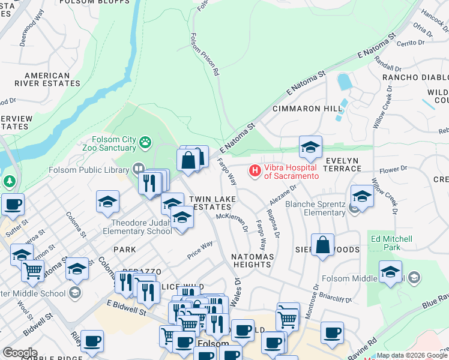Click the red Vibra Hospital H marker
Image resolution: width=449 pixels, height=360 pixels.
(255, 171)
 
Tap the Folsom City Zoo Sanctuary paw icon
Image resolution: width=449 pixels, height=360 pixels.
(145, 143)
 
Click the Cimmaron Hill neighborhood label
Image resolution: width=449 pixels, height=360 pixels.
(307, 109)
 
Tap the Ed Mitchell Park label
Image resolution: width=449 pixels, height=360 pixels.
(391, 243)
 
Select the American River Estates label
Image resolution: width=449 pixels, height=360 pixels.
(39, 79)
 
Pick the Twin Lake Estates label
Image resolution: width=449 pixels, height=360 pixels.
(211, 202)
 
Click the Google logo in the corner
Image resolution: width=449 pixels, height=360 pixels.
(20, 353)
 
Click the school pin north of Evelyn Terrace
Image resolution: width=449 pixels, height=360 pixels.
(310, 148)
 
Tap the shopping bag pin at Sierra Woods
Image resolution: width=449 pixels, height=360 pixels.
(322, 245)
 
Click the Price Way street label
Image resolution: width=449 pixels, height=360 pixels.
(199, 249)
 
